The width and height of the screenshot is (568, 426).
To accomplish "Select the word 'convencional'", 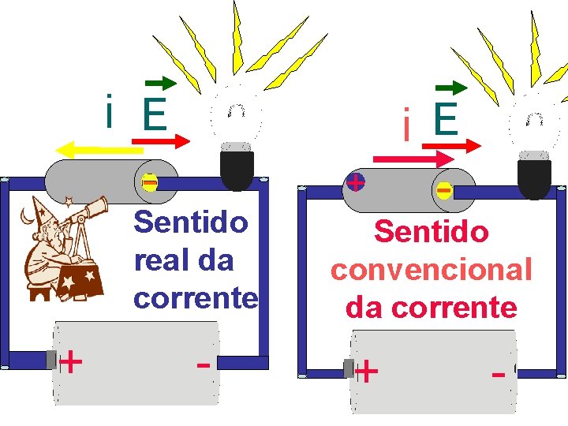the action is (432, 270).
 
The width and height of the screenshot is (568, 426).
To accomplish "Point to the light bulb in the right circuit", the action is (533, 150).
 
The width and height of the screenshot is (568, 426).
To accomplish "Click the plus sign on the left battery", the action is (71, 362).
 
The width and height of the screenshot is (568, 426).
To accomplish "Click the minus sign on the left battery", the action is (203, 366).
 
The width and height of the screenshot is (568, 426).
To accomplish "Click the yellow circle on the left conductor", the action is (149, 183).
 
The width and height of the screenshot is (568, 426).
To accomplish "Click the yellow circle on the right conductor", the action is (444, 191).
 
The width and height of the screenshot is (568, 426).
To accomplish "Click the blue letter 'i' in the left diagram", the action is (110, 113).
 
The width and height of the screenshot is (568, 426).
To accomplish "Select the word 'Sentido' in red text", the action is (432, 232).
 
